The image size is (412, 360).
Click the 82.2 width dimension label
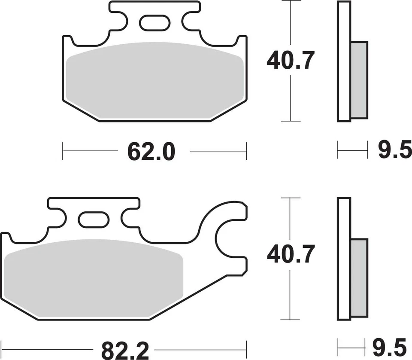pos(125,349)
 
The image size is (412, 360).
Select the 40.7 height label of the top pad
pos(291,61)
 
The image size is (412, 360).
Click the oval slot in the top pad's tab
pos(154,23)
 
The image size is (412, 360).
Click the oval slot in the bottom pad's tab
pos(94,219)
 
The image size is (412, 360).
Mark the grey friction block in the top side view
pos(359,80)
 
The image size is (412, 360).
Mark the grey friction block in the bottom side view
pos(359,277)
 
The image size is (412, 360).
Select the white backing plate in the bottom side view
pos(344,258)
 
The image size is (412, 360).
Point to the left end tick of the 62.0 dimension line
pos(63,151)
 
